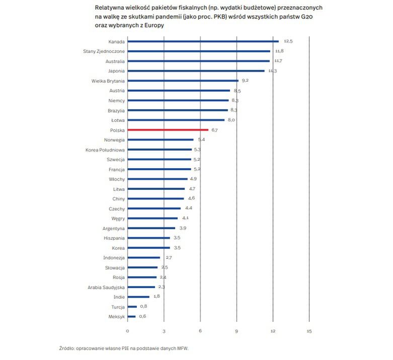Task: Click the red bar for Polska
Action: [x=168, y=130]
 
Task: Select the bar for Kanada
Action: [x=203, y=41]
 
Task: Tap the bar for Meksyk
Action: [x=131, y=317]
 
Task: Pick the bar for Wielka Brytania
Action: [x=183, y=81]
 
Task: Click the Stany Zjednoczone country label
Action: [x=104, y=51]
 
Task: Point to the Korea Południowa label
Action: [x=105, y=150]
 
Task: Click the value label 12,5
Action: [x=288, y=41]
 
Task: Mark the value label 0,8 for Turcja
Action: [x=143, y=307]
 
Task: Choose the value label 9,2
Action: [x=246, y=81]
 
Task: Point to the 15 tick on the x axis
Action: [x=309, y=331]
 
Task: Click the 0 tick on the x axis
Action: [x=127, y=331]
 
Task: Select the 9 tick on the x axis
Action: [x=237, y=331]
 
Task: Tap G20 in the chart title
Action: [x=309, y=17]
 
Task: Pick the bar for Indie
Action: [x=138, y=297]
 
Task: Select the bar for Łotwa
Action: [x=176, y=120]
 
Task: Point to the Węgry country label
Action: [x=118, y=219]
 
